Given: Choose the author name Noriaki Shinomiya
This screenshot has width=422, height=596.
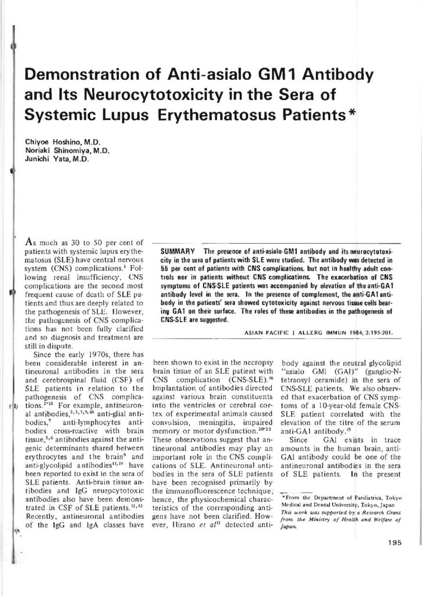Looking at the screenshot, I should pos(56,151).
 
